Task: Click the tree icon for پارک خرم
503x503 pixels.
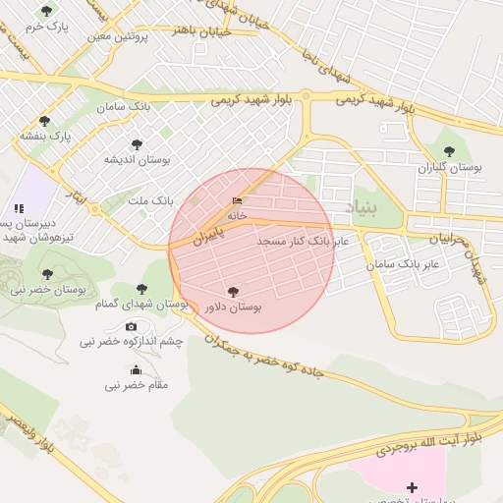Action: click(45, 12)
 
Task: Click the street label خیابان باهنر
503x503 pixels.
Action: click(201, 31)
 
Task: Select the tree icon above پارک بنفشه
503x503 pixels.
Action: click(44, 121)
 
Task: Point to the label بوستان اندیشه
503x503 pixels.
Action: click(138, 158)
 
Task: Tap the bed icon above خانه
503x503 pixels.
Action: click(237, 200)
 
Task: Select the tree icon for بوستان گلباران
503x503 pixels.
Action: click(449, 151)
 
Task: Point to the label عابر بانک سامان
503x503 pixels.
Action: click(402, 265)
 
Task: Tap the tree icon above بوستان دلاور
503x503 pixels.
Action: click(233, 292)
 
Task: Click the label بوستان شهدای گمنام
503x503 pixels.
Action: click(141, 305)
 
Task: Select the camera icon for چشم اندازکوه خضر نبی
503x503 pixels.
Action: click(131, 326)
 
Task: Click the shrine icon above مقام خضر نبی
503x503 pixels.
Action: click(136, 370)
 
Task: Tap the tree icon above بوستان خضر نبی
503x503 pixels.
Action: click(47, 274)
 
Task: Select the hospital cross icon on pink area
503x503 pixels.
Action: click(411, 487)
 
